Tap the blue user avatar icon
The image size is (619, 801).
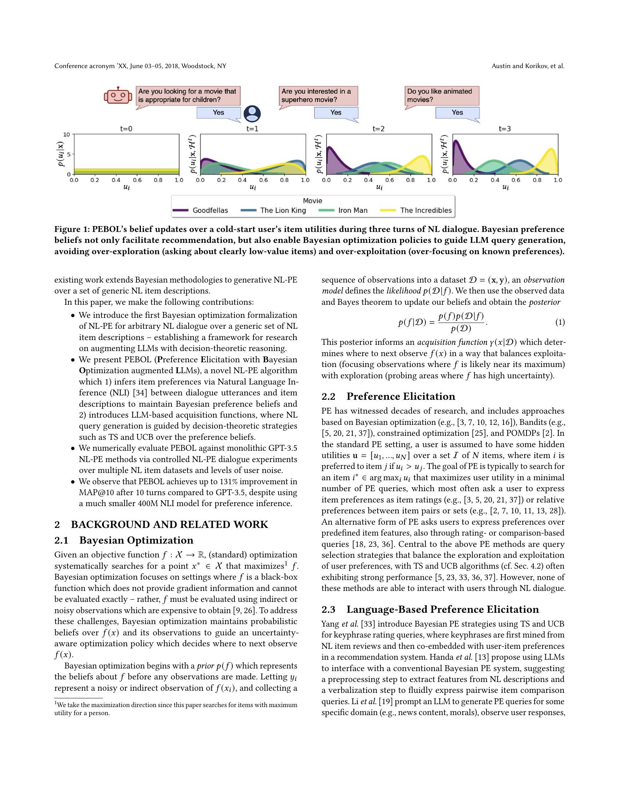(x=252, y=114)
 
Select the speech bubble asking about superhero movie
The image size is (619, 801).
(x=318, y=96)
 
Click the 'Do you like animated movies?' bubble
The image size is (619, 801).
(x=442, y=96)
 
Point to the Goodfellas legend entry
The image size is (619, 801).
(x=201, y=210)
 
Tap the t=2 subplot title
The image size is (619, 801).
(x=378, y=129)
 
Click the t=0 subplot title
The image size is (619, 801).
(x=126, y=129)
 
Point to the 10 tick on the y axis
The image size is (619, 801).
(x=66, y=135)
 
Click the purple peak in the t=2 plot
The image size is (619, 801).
(x=329, y=148)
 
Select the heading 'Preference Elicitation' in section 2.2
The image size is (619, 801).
(x=401, y=396)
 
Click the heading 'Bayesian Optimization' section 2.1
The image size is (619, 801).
(x=136, y=540)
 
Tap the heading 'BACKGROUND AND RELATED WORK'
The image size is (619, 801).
(x=169, y=524)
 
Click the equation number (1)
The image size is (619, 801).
(x=560, y=322)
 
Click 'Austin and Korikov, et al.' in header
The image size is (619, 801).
(x=528, y=66)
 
